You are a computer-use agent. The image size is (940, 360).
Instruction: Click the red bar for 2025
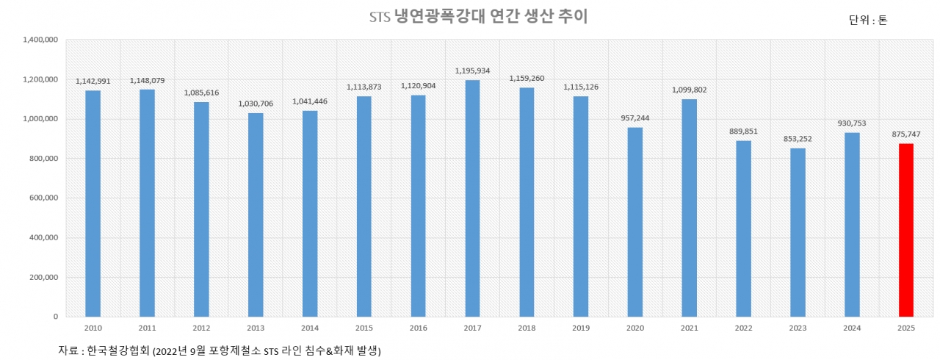(906, 230)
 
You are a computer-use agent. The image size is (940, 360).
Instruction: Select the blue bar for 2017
(472, 198)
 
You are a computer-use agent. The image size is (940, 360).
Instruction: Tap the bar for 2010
(93, 204)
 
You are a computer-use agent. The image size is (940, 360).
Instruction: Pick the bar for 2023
(798, 232)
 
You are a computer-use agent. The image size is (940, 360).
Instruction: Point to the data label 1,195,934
(472, 71)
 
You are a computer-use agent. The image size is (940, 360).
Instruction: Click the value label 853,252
(798, 139)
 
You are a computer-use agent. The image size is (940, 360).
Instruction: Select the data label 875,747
(906, 134)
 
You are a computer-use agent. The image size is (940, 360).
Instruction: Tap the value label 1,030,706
(256, 104)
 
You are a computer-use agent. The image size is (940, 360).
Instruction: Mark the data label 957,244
(635, 118)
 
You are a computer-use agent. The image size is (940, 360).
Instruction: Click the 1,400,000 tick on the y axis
(41, 40)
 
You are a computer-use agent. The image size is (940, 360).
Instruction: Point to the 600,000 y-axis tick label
(44, 198)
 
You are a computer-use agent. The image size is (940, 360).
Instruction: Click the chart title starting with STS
(478, 17)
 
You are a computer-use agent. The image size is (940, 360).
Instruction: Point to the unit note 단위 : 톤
(868, 21)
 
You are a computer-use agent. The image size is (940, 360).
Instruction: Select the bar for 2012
(201, 209)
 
